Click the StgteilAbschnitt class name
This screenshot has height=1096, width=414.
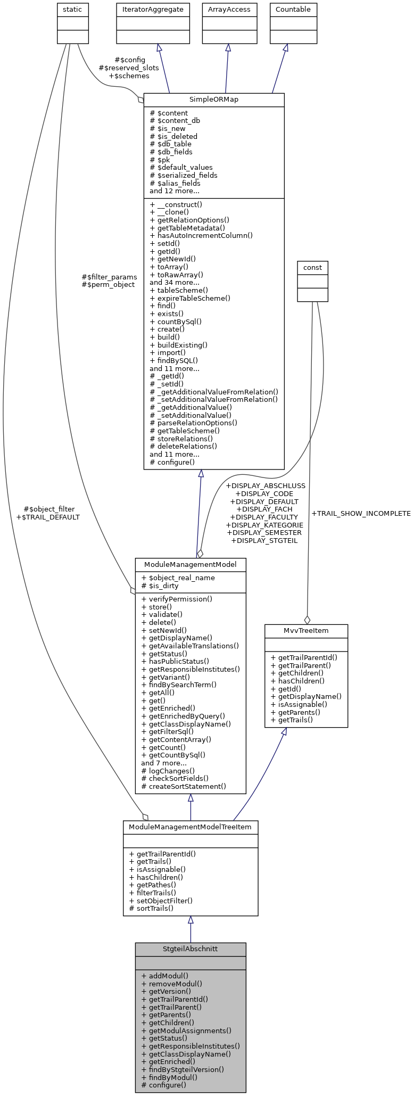(x=190, y=949)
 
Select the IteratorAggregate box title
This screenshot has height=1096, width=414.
(x=153, y=9)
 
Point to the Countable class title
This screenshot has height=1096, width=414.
(x=286, y=9)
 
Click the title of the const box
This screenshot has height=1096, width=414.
(x=312, y=267)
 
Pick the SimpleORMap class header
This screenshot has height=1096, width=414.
(x=214, y=100)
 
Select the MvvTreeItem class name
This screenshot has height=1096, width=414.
(x=306, y=631)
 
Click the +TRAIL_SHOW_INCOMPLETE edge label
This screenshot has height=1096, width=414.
(x=361, y=514)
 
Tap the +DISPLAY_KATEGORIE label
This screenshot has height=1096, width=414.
(x=264, y=525)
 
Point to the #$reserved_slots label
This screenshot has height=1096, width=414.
(x=129, y=68)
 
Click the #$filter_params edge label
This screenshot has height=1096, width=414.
(x=109, y=277)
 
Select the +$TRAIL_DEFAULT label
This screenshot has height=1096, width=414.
(x=48, y=517)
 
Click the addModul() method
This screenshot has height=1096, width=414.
(x=165, y=976)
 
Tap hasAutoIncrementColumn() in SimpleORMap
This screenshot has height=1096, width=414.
(x=201, y=235)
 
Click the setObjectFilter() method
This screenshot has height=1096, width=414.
(x=161, y=901)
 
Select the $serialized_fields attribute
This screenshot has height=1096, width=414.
(x=184, y=175)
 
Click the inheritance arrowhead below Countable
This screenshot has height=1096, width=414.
(x=285, y=47)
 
